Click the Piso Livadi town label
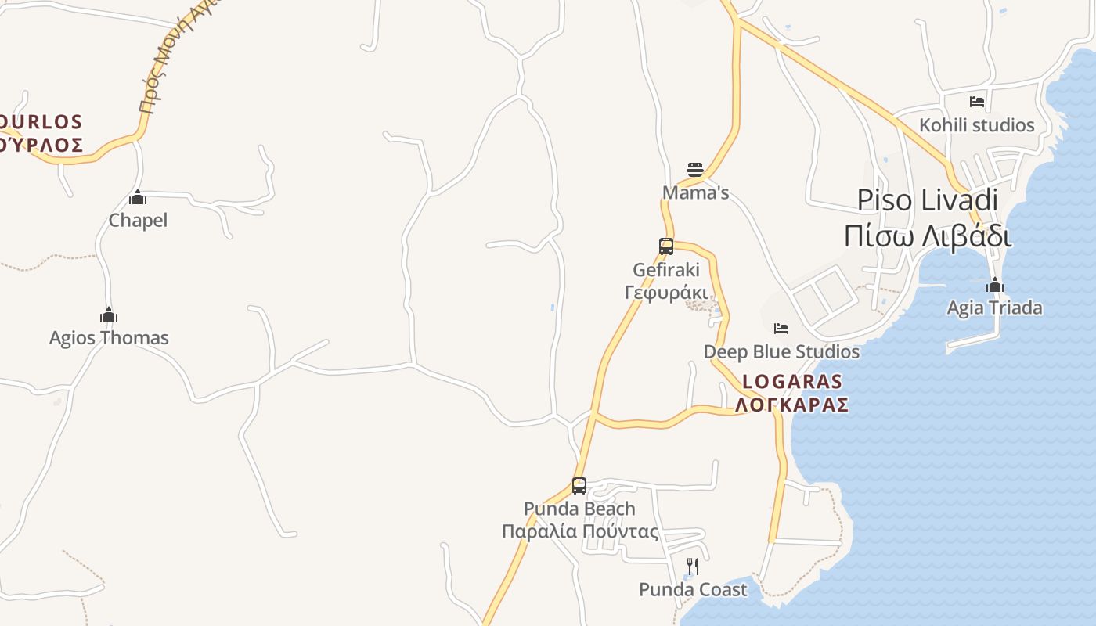point(927,200)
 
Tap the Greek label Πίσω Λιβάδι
point(927,235)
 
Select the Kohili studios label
point(976,125)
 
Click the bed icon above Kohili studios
point(976,102)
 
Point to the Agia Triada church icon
point(995,285)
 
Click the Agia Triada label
point(994,308)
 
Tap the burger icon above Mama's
point(694,170)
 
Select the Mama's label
point(695,192)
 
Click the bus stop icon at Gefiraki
point(666,246)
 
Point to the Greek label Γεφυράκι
point(666,293)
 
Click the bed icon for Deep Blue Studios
point(781,329)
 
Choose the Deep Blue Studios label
point(781,352)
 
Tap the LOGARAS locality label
point(792,382)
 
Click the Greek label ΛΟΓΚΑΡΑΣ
point(792,405)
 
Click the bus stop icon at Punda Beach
point(579,486)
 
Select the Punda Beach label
point(579,509)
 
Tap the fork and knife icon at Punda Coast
point(692,566)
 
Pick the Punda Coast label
point(693,589)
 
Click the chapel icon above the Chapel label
point(138,197)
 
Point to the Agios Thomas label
point(109,338)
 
